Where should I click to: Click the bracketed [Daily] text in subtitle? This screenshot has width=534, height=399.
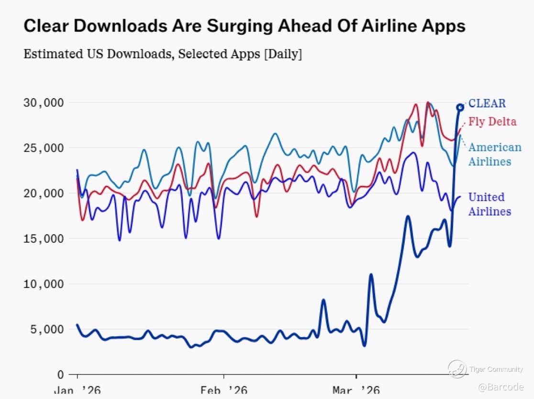[283, 54]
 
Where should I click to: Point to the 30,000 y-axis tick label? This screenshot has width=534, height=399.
[44, 103]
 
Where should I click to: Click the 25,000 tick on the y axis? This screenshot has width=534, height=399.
[44, 148]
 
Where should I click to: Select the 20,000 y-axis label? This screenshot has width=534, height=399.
[44, 193]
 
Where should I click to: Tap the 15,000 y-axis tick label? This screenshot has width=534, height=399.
[44, 239]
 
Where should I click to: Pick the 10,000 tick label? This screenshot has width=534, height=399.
[44, 284]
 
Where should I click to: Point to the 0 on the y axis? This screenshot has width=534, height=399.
[59, 374]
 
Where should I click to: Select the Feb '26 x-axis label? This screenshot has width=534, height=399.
[224, 390]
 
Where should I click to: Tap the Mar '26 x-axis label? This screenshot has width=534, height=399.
[356, 390]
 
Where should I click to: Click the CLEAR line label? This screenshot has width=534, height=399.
[487, 103]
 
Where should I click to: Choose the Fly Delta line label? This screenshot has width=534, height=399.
[492, 122]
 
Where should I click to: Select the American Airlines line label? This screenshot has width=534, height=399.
[494, 154]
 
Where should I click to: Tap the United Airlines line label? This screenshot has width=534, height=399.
[489, 204]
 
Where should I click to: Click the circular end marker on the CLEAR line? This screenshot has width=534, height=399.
[460, 107]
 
